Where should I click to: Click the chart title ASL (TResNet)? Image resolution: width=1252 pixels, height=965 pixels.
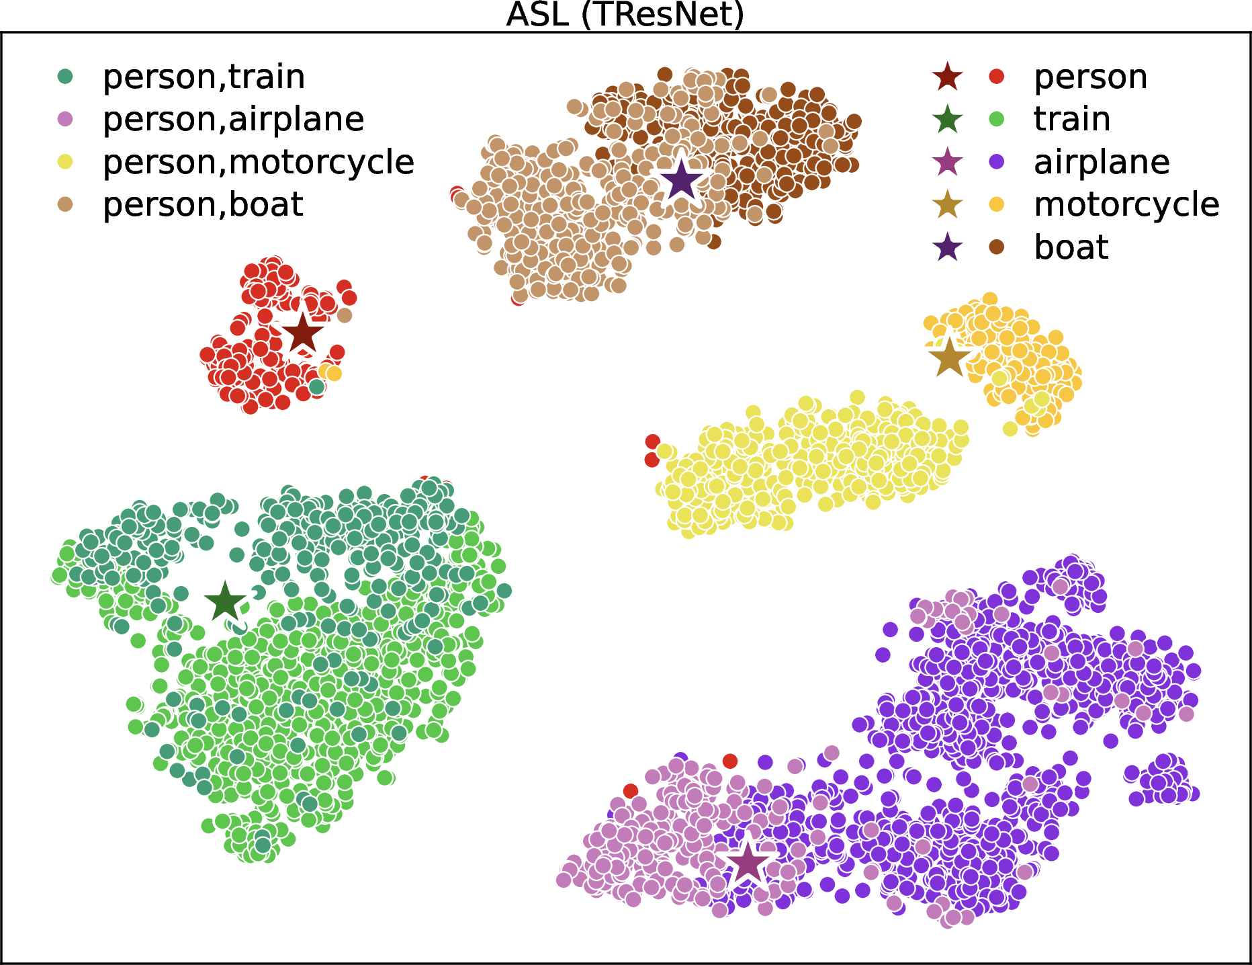(625, 15)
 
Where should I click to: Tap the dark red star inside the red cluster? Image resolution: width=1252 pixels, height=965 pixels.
(302, 333)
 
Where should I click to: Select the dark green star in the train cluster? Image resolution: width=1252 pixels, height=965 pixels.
(225, 601)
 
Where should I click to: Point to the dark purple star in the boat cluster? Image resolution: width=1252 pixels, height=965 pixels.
(681, 180)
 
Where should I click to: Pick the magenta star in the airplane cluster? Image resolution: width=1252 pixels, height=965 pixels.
(747, 864)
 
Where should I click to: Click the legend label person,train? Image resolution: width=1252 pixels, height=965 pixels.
(204, 77)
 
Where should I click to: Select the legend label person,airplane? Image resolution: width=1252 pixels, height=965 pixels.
(233, 120)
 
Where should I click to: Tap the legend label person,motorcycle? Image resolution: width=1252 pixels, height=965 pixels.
(259, 162)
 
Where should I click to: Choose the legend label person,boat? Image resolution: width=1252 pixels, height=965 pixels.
(203, 204)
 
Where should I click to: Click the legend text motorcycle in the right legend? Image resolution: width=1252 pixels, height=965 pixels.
(1126, 204)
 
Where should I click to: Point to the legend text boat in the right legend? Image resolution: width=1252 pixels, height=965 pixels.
(1071, 247)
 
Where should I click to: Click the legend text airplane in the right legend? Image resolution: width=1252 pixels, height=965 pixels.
(1102, 162)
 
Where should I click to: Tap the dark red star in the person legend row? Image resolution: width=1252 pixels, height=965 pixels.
(948, 77)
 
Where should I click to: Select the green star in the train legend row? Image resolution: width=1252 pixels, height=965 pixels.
(948, 119)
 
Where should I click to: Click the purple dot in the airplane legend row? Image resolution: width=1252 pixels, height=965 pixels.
(997, 162)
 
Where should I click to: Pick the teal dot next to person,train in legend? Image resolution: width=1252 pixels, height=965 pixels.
(65, 77)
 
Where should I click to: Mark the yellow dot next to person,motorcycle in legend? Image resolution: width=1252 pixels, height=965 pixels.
(65, 162)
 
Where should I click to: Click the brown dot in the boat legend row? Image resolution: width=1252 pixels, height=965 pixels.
(997, 247)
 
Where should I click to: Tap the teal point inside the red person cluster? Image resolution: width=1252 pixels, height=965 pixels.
(316, 386)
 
